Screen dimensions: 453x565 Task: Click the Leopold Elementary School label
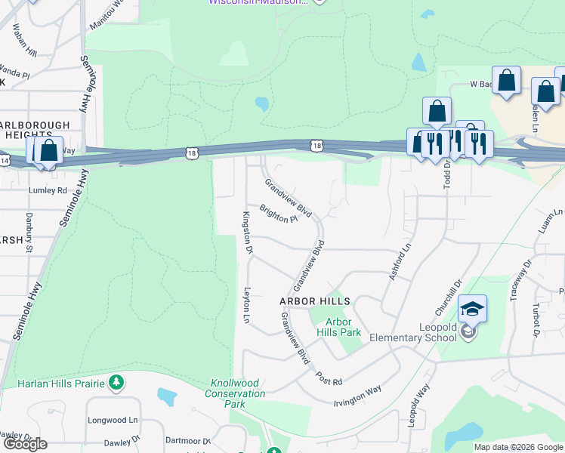point(412,332)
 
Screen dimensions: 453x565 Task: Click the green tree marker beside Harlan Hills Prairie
point(116,383)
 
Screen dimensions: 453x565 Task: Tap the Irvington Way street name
point(357,396)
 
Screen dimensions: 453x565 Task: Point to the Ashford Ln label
point(400,261)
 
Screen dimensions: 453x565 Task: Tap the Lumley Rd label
point(48,190)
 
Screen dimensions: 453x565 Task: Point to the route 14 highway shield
point(5,161)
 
